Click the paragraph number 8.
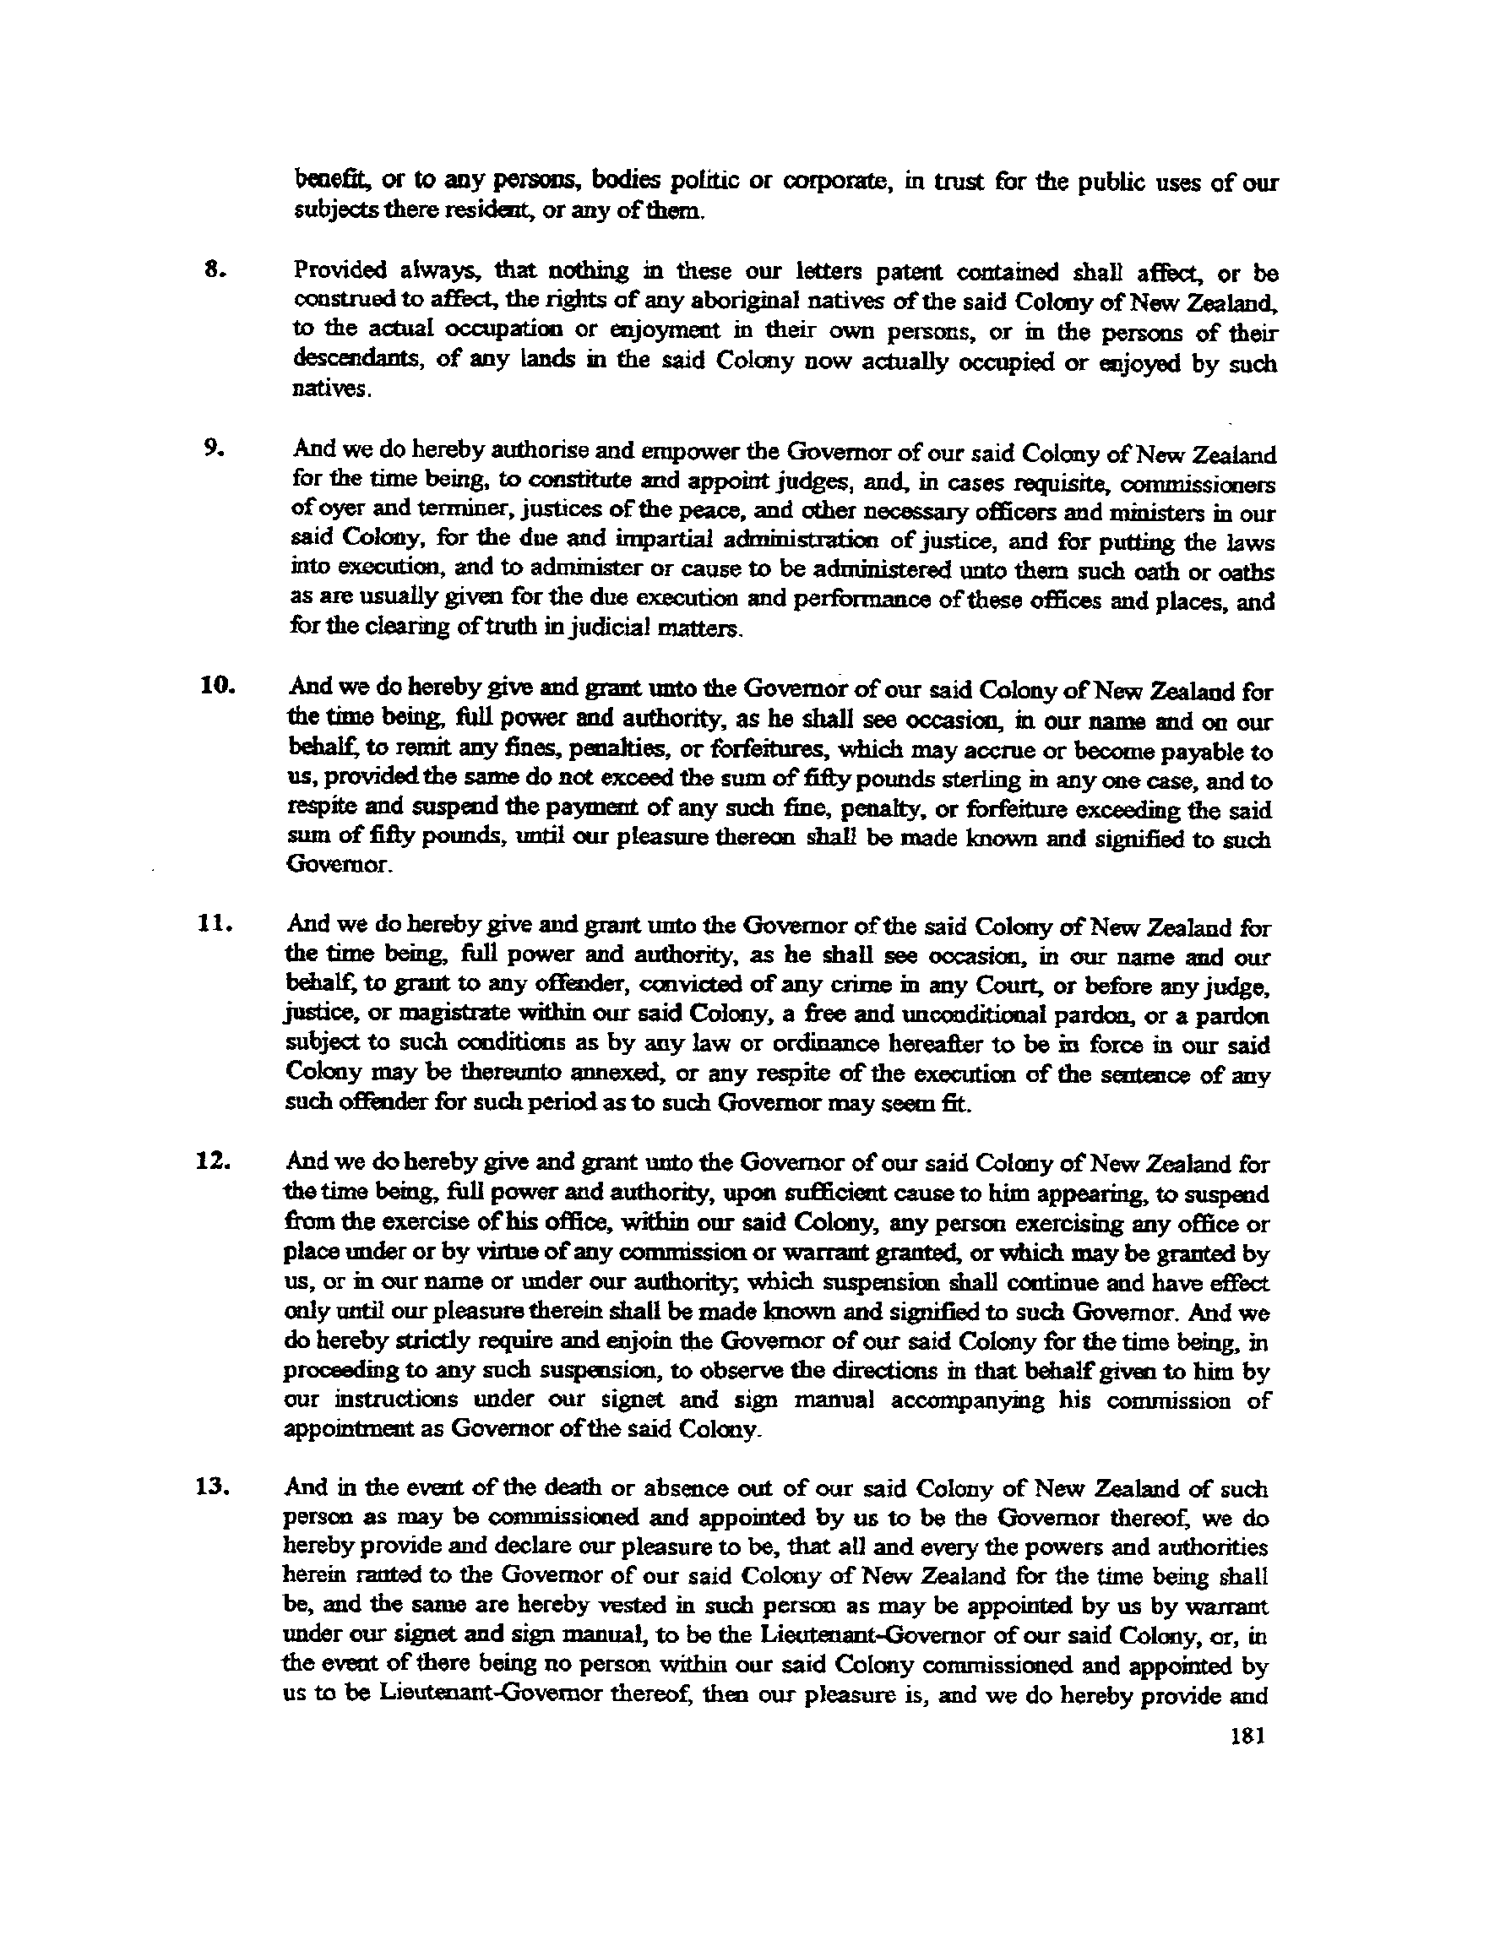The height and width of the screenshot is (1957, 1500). click(212, 269)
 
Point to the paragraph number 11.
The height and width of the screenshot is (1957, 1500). click(215, 924)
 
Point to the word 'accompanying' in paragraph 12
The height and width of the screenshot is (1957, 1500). click(977, 1400)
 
